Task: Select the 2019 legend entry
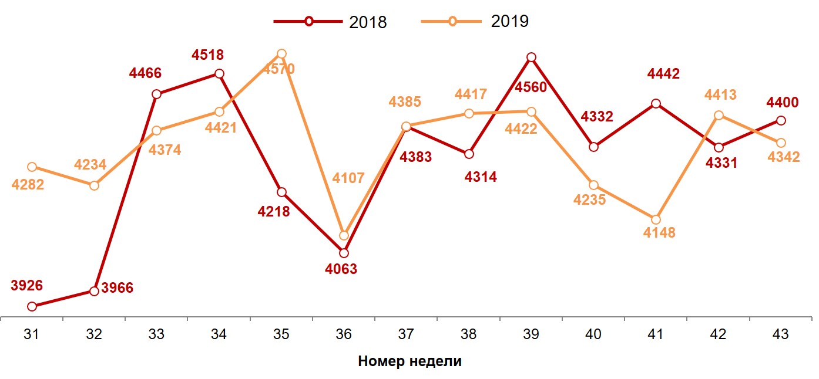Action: click(475, 22)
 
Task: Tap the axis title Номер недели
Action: click(409, 361)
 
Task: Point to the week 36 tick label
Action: click(344, 334)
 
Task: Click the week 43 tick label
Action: click(781, 334)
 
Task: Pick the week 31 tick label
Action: click(32, 334)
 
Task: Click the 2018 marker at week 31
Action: click(32, 306)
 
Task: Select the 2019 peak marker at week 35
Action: click(281, 54)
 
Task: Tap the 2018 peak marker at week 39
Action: click(531, 57)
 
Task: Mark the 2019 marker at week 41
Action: click(656, 219)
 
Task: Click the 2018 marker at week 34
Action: click(219, 74)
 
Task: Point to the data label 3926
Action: click(26, 286)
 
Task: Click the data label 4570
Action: click(278, 69)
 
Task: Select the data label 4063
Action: click(341, 269)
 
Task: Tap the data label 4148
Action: click(659, 233)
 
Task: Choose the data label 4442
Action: click(663, 74)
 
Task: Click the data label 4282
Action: click(28, 184)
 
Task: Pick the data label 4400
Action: click(782, 103)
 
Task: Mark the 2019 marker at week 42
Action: click(719, 116)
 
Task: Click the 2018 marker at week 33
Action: click(156, 94)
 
